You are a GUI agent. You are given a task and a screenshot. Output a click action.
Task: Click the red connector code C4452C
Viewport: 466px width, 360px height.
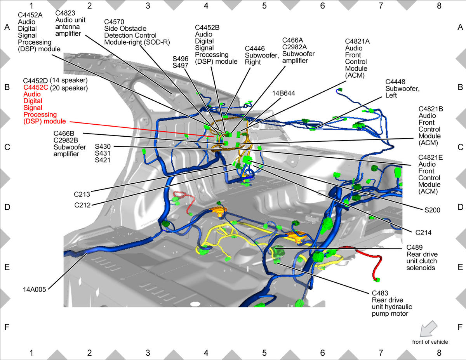(36, 87)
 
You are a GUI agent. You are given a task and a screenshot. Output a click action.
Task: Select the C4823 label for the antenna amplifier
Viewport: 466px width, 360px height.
(65, 13)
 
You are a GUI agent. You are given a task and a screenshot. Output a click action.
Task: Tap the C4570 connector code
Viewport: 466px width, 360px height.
(114, 22)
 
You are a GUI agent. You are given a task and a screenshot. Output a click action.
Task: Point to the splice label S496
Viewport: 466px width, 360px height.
(180, 59)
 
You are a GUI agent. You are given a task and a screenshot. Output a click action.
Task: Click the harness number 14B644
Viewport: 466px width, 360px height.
(283, 93)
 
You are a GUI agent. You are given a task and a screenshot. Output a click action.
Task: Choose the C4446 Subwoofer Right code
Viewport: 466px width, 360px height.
(255, 49)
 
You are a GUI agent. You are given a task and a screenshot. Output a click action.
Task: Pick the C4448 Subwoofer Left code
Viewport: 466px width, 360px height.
(395, 82)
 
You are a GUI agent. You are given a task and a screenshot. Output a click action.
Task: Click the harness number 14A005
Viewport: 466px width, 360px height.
(35, 290)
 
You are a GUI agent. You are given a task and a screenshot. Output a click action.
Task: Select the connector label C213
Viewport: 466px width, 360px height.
(82, 195)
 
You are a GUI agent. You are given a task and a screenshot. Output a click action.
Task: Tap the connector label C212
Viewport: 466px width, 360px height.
(82, 205)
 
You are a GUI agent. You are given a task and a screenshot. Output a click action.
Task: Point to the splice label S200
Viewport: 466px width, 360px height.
(432, 210)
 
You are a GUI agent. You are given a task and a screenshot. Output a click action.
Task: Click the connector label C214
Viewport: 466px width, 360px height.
(423, 233)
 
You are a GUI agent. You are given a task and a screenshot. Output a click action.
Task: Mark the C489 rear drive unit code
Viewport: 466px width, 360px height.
(414, 247)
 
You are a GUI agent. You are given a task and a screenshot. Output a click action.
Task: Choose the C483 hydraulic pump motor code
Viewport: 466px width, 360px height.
(380, 293)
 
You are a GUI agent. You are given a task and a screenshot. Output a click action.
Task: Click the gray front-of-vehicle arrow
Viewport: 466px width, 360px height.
(428, 329)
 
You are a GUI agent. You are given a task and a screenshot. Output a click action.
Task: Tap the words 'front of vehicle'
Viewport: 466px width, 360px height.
(430, 342)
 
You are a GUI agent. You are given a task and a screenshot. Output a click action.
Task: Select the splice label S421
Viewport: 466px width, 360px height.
(103, 160)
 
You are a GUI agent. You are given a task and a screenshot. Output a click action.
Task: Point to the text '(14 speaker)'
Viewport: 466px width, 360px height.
(69, 80)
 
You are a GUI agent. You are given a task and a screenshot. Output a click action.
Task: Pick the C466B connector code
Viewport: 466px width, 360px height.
(64, 134)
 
